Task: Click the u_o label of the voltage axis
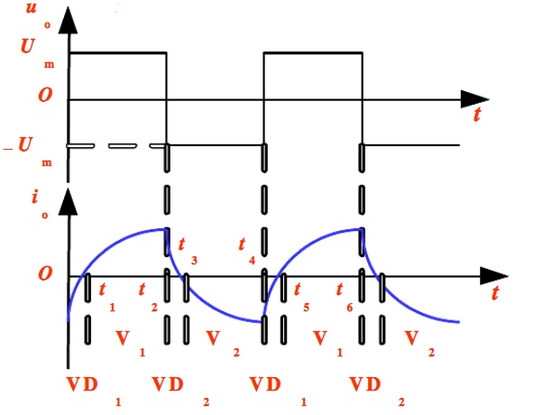38,14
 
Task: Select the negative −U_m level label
28,152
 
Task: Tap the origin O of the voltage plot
45,95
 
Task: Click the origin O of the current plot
45,273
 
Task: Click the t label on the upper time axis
477,115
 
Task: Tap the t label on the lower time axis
495,292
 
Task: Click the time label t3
188,251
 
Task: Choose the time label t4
247,251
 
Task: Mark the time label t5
301,297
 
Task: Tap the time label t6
344,297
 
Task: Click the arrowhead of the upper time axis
475,99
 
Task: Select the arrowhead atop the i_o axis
69,202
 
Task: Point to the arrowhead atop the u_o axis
69,21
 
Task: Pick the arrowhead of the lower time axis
494,276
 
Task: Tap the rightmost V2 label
419,343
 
